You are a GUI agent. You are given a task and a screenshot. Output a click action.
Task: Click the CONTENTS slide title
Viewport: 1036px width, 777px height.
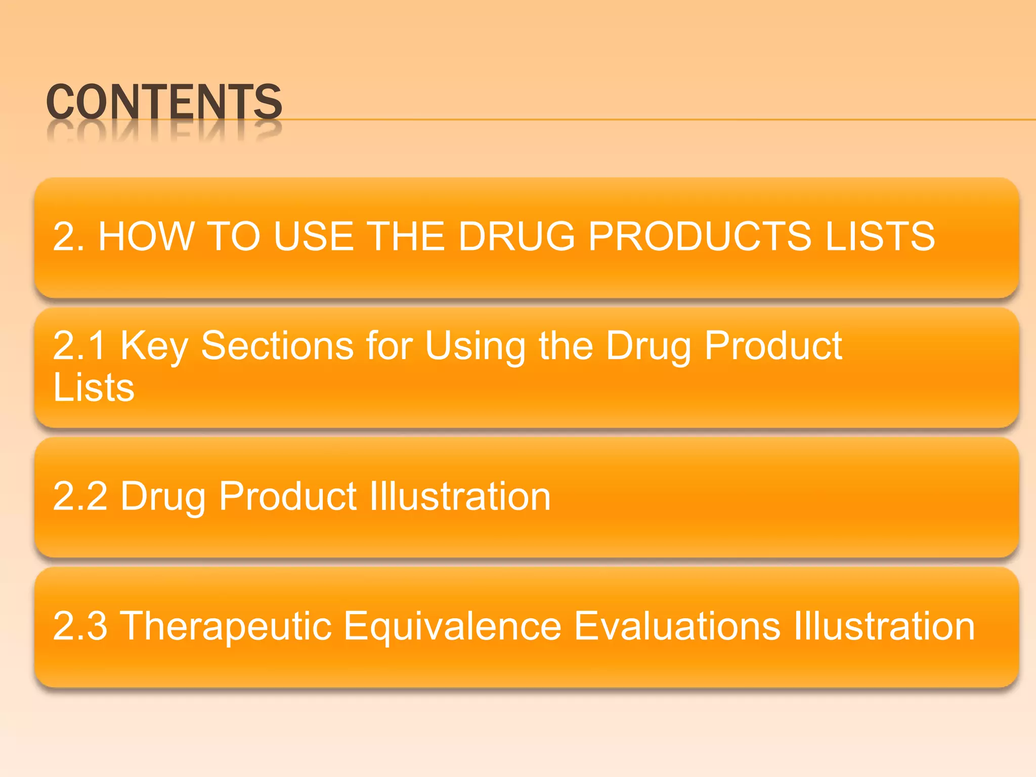(x=164, y=102)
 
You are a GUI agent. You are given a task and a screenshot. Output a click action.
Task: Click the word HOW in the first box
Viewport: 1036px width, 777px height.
(x=147, y=236)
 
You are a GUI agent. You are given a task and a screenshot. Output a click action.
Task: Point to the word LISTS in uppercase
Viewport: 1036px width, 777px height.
(x=880, y=236)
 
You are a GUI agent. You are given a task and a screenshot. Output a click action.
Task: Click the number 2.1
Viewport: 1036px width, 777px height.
(x=79, y=346)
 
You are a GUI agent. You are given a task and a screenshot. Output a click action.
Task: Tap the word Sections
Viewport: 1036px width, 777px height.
(x=277, y=346)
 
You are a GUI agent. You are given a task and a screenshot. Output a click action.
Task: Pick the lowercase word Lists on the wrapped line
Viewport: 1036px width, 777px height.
(x=94, y=387)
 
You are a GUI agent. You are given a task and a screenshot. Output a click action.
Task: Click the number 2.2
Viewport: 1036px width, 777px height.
(x=80, y=496)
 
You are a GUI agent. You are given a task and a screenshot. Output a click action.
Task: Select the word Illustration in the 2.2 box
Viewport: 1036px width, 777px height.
(x=460, y=496)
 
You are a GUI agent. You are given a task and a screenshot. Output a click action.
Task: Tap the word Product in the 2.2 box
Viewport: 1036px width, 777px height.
(x=288, y=496)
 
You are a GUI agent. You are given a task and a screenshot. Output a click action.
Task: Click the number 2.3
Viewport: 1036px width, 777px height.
(x=80, y=626)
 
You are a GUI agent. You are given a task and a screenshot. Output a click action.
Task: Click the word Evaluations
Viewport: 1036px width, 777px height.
(x=677, y=626)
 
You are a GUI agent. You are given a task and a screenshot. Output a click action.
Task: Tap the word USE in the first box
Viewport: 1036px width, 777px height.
(x=313, y=236)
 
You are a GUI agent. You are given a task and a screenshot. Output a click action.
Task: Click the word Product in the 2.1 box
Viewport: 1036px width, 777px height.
(x=773, y=346)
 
